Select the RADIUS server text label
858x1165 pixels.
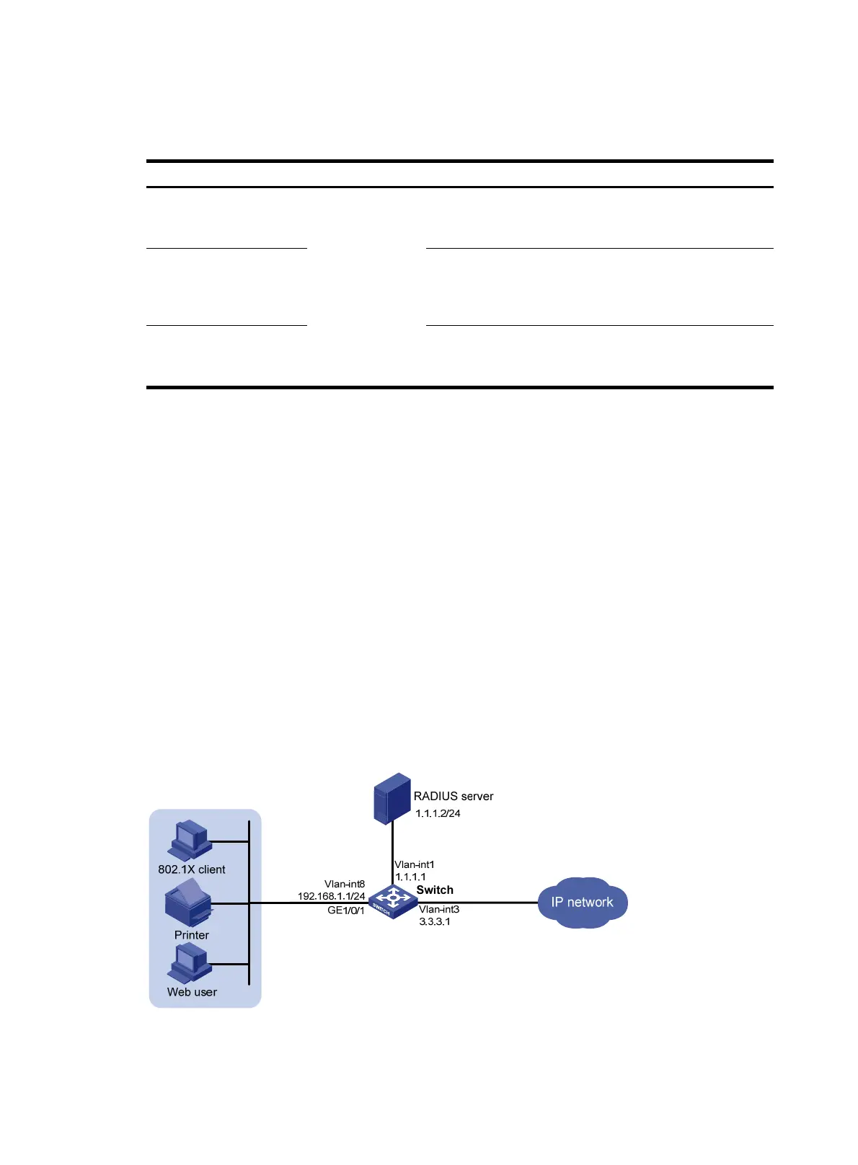click(x=453, y=796)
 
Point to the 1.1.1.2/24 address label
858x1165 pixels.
click(x=438, y=813)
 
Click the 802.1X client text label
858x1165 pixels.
click(x=192, y=869)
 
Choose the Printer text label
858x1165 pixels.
click(x=192, y=935)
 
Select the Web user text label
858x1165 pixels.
click(x=192, y=992)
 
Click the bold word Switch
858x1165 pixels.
click(x=435, y=890)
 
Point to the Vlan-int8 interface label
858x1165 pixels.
click(x=345, y=884)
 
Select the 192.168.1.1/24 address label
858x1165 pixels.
click(x=332, y=896)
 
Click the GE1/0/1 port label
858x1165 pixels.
click(x=346, y=910)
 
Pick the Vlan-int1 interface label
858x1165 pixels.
click(x=415, y=864)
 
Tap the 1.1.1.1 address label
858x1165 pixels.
click(x=410, y=877)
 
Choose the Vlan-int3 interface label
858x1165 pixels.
click(x=439, y=909)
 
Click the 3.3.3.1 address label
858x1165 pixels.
click(x=435, y=921)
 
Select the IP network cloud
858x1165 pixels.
click(x=583, y=902)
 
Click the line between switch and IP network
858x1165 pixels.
click(x=497, y=902)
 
